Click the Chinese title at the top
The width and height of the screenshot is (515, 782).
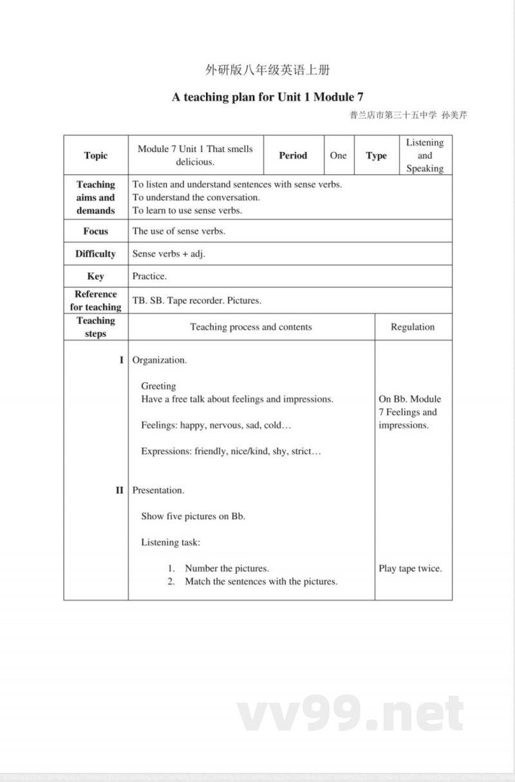click(x=267, y=70)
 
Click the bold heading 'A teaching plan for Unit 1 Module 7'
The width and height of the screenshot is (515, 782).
click(x=267, y=97)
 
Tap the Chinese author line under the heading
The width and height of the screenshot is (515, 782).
click(x=408, y=116)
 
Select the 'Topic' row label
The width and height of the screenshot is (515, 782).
click(x=96, y=155)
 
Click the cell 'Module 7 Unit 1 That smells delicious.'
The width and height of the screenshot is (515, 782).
click(x=196, y=155)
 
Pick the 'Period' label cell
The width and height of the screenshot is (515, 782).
click(x=293, y=155)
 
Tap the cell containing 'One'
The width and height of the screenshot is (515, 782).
click(x=338, y=155)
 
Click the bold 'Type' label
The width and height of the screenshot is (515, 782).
click(x=376, y=155)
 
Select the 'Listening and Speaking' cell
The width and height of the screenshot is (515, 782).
click(x=424, y=155)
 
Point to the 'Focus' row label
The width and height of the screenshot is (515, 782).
click(x=96, y=231)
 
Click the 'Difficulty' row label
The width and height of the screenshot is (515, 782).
click(x=96, y=253)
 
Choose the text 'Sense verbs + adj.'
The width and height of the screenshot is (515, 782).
click(x=169, y=254)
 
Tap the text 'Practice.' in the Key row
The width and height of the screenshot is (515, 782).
click(x=149, y=276)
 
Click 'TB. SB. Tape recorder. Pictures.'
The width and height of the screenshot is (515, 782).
click(x=196, y=300)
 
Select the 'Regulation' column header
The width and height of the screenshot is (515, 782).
click(x=413, y=327)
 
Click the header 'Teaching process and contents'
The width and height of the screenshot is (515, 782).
click(x=251, y=327)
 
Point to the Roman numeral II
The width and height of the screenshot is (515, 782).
click(x=119, y=490)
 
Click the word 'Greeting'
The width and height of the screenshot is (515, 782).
click(x=158, y=386)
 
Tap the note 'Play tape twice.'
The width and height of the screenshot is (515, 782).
click(x=410, y=568)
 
